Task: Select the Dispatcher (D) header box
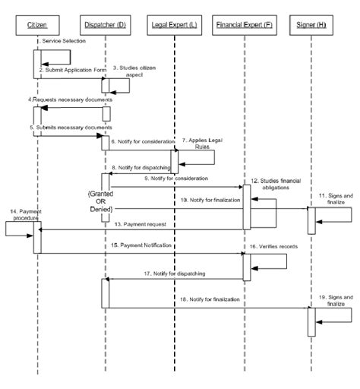(106, 27)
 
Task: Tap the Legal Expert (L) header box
(175, 27)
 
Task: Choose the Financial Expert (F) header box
(245, 27)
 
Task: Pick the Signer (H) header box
(312, 27)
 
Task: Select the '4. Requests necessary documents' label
(70, 100)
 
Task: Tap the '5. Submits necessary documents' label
(70, 127)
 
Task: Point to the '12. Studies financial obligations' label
(280, 185)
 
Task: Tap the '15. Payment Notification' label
(141, 246)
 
